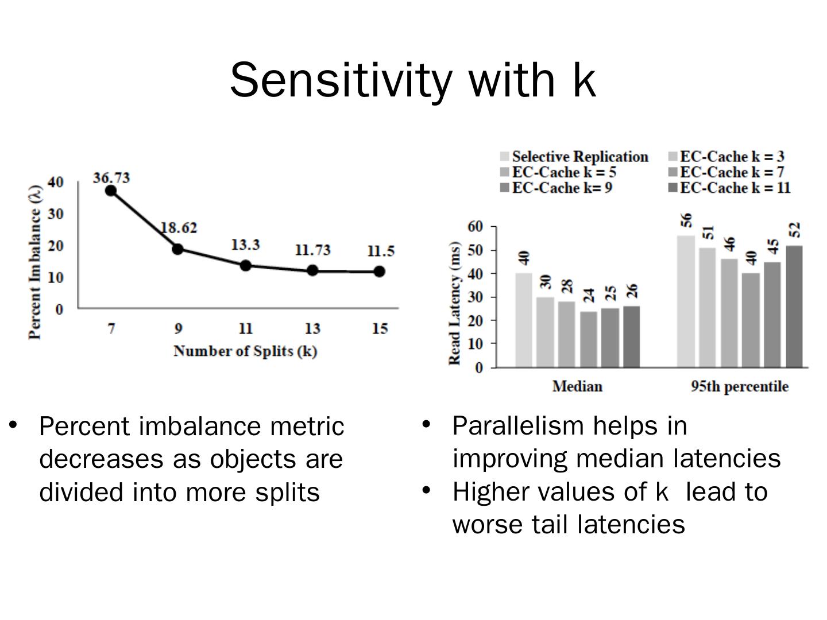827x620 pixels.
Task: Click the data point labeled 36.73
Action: pos(111,191)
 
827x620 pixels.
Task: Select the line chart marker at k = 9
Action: pos(177,249)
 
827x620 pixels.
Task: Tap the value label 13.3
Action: pos(245,245)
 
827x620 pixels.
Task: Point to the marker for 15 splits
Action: pos(379,271)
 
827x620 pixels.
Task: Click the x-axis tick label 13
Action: pos(312,328)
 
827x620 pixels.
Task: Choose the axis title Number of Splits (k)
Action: pos(245,351)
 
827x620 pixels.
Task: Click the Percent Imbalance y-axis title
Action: pos(35,262)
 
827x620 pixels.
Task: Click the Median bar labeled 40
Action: pos(524,320)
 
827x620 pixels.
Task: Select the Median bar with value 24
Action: pos(589,339)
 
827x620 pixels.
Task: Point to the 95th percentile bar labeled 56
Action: pos(686,301)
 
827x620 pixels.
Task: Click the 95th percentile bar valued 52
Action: pos(794,306)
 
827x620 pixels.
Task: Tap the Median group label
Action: pos(577,386)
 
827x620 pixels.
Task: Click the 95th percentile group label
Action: pos(740,386)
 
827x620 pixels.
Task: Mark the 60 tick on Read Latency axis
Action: pos(475,226)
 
